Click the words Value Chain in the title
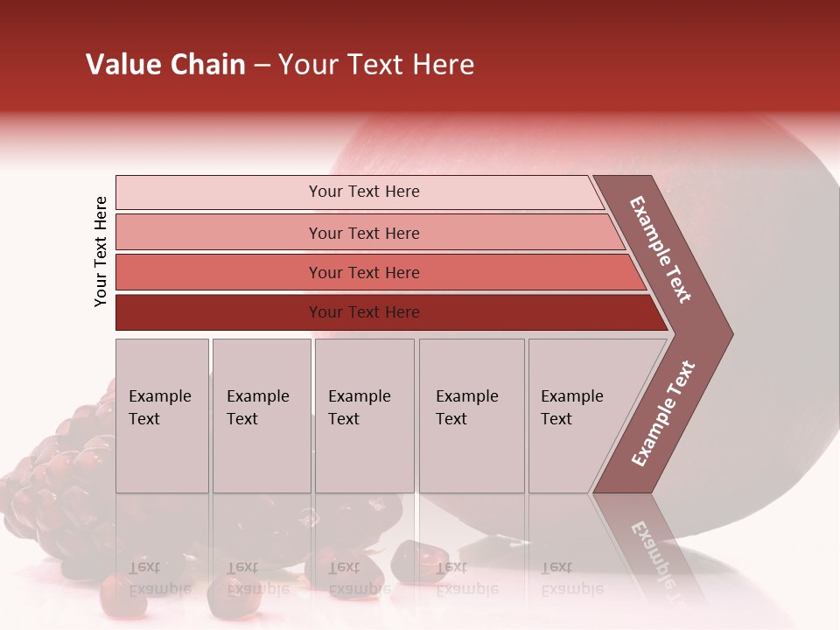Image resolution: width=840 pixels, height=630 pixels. [x=165, y=65]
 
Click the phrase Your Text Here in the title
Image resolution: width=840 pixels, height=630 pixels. [x=376, y=65]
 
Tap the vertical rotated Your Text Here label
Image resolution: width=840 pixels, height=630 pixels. [x=101, y=251]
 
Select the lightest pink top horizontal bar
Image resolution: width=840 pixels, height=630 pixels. [x=219, y=192]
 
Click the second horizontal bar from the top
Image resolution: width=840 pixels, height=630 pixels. [x=219, y=233]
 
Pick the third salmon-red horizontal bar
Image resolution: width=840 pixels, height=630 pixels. [x=219, y=272]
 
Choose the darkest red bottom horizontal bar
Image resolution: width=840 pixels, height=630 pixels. [x=219, y=312]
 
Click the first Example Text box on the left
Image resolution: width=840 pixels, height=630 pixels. [x=162, y=416]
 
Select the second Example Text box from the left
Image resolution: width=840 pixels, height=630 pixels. [x=261, y=416]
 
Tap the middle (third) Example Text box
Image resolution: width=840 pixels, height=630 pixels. [x=364, y=416]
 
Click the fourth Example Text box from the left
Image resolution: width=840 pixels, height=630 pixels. [x=471, y=416]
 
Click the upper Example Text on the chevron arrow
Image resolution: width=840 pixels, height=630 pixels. [x=661, y=249]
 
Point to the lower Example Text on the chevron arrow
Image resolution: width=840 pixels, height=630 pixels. [x=662, y=414]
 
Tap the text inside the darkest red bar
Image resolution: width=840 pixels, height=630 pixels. [x=364, y=312]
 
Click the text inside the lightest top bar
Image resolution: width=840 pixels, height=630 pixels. [x=364, y=192]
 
